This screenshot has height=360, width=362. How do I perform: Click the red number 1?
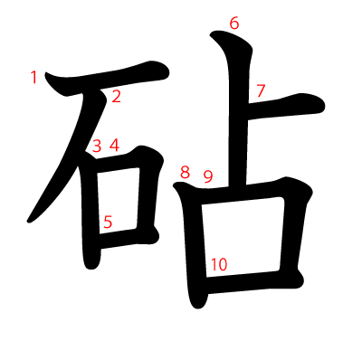pos(34,78)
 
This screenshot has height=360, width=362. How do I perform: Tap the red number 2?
pos(116,97)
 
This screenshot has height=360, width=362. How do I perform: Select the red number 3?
pos(97,146)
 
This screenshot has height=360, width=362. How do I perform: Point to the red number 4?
pos(114,145)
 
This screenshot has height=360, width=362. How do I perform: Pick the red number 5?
pos(108,221)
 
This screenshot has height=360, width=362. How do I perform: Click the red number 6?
pos(234,24)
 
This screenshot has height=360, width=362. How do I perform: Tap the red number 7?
pos(261,90)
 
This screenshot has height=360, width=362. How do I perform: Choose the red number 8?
pos(186,172)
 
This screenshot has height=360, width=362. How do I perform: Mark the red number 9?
pos(207,176)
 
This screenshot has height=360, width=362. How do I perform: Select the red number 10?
pos(218,264)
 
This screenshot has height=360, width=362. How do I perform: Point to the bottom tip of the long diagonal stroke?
pos(32,219)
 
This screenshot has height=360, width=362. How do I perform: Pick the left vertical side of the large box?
pos(192,244)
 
